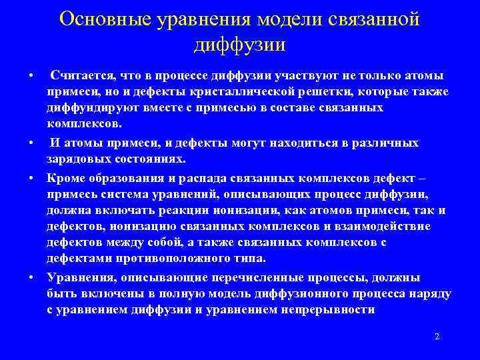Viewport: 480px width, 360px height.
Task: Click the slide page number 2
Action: pyautogui.click(x=437, y=337)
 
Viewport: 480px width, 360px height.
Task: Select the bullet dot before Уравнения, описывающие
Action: pyautogui.click(x=32, y=278)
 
